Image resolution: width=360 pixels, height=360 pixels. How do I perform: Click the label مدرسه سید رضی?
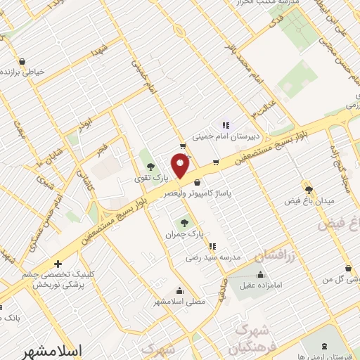[x=213, y=257]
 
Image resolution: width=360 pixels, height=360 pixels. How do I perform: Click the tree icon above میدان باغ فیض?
[x=309, y=188]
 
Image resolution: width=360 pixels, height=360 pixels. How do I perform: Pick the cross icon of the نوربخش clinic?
[x=58, y=264]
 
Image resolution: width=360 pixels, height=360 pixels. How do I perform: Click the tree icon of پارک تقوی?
[x=149, y=167]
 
